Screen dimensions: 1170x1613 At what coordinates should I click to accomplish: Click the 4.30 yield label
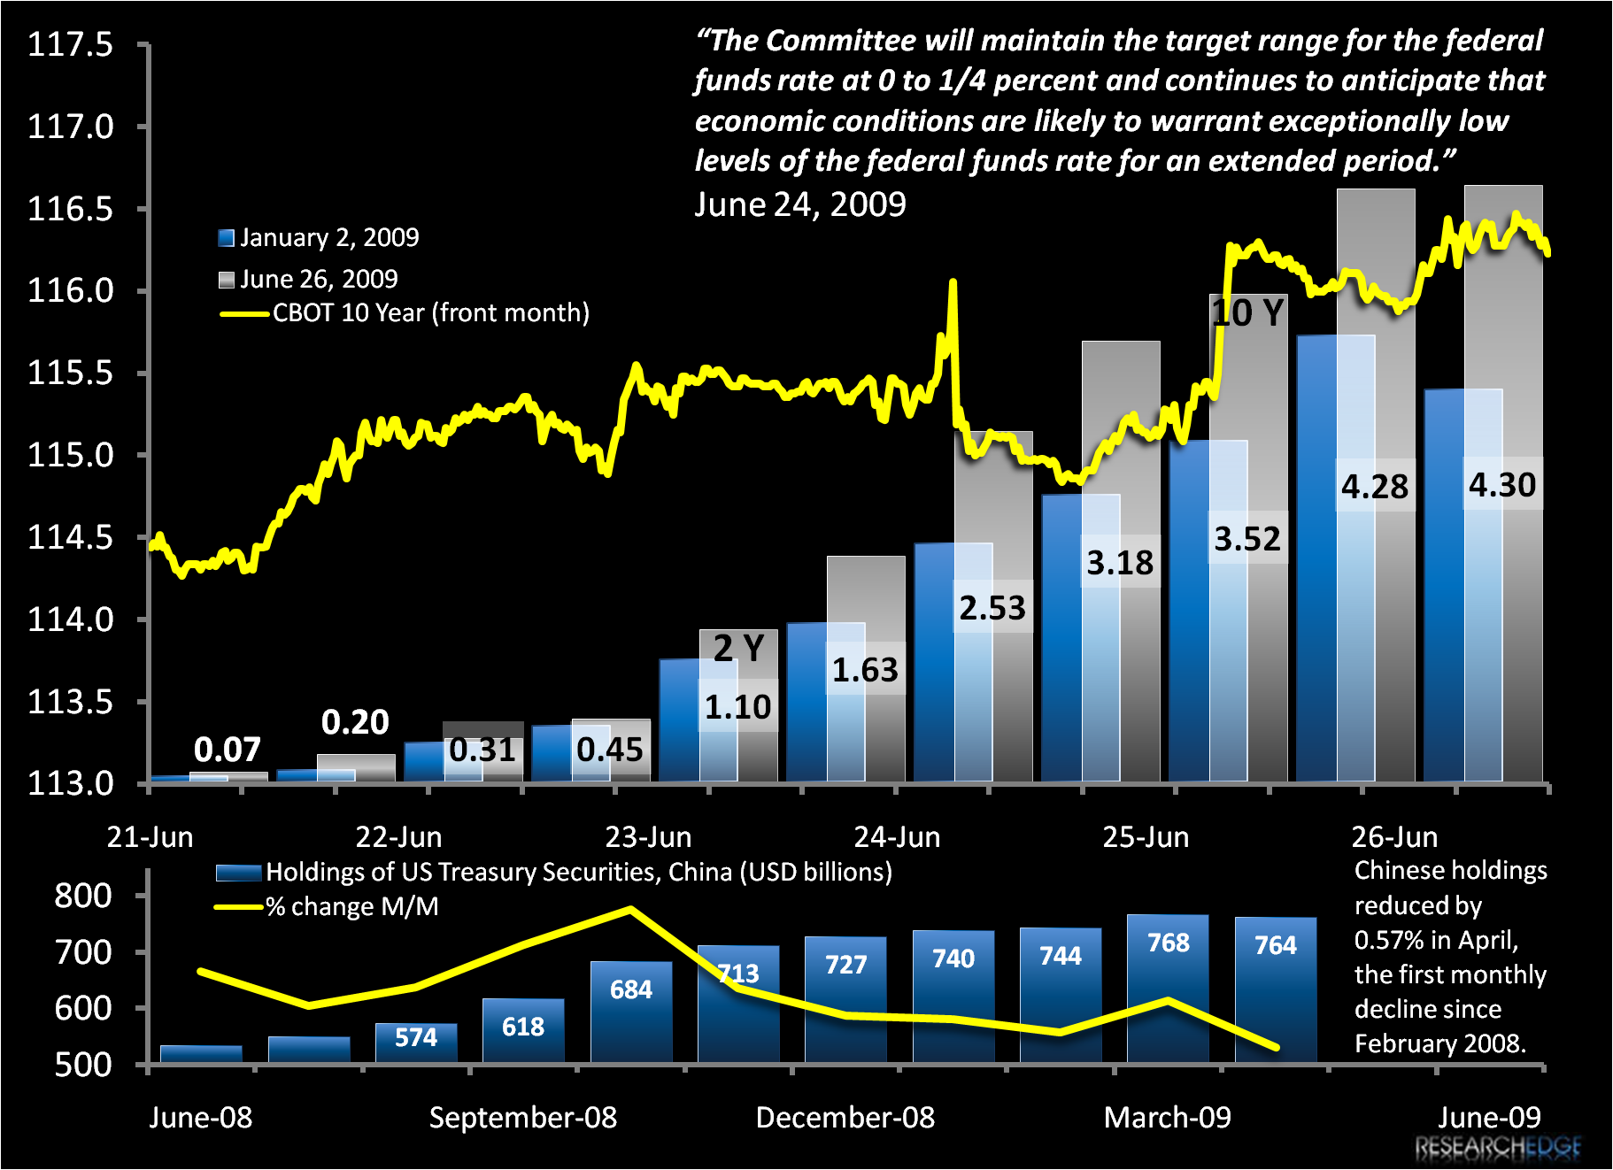pos(1502,485)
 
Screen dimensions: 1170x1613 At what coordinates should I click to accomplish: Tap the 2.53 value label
pos(992,608)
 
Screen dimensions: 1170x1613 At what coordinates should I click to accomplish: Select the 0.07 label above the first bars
pos(228,750)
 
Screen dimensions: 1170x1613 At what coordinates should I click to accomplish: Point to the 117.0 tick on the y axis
pos(71,127)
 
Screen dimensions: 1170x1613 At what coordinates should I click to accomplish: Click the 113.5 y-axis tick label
pos(71,702)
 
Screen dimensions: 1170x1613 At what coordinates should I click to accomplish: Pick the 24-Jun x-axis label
pos(897,837)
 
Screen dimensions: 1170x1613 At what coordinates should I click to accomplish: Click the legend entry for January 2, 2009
pos(319,237)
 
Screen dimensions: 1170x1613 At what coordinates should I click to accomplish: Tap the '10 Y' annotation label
pos(1247,313)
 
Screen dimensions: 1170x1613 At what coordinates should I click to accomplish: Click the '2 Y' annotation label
pos(738,649)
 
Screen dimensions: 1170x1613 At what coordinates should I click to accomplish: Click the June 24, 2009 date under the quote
pos(799,204)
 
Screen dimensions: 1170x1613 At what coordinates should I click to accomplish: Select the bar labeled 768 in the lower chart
pos(1168,987)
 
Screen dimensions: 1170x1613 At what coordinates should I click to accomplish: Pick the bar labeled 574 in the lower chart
pos(416,1042)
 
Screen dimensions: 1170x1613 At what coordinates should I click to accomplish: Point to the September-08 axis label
pos(522,1118)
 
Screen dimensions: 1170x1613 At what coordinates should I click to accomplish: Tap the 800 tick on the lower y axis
pos(83,896)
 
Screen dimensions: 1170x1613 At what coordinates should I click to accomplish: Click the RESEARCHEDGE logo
pos(1498,1148)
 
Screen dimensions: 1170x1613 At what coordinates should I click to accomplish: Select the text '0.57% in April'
pos(1436,940)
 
